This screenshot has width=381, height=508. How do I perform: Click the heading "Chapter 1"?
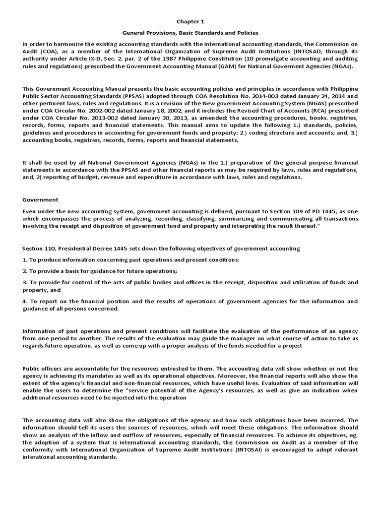[x=190, y=22]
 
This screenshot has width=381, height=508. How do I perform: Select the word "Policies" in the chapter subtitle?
[x=245, y=33]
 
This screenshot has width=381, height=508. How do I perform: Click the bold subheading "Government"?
[x=40, y=199]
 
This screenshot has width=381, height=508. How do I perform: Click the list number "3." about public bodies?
[x=25, y=282]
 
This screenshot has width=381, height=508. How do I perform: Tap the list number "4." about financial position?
[x=25, y=301]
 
